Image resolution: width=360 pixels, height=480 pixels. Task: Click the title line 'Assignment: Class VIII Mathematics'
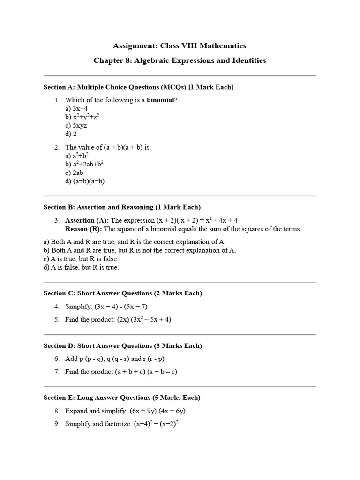click(x=180, y=46)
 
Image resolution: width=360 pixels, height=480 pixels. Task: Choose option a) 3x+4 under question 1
click(x=76, y=108)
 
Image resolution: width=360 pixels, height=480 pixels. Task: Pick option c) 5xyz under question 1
click(x=76, y=125)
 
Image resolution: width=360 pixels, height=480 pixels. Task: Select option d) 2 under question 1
click(x=71, y=134)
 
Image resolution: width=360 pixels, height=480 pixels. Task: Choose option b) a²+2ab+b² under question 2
click(x=84, y=164)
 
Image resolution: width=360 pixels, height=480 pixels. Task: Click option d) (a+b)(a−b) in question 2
click(x=85, y=181)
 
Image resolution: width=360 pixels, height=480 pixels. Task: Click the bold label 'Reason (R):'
click(x=83, y=229)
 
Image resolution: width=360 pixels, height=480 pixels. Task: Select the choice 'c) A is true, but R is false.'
click(x=81, y=259)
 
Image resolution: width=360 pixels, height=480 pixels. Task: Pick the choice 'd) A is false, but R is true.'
click(x=81, y=267)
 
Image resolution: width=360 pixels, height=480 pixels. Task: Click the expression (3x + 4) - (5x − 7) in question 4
click(x=121, y=307)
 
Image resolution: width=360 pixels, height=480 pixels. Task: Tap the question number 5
click(x=57, y=320)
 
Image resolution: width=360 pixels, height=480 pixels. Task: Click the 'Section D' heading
click(x=123, y=346)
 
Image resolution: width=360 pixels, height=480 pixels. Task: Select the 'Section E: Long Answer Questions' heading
click(x=122, y=397)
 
